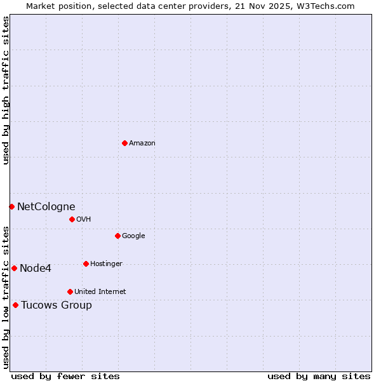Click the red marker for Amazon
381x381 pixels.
(x=124, y=143)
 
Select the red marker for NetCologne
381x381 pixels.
(x=11, y=206)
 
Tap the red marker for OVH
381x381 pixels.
(x=72, y=219)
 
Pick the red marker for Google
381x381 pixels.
(x=117, y=236)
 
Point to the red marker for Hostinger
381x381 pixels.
(x=86, y=264)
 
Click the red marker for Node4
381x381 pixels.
(x=14, y=268)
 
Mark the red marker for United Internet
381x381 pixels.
(x=70, y=291)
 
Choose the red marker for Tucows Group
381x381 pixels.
(x=15, y=305)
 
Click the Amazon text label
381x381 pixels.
(x=142, y=144)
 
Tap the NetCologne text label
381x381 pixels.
(x=46, y=206)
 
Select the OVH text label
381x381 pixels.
(x=84, y=220)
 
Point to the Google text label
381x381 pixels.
(x=133, y=236)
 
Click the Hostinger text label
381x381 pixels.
(x=106, y=264)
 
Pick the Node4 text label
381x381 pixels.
(x=36, y=268)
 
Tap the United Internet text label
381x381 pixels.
(x=100, y=292)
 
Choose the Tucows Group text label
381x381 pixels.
(x=57, y=305)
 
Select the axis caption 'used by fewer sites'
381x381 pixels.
(x=65, y=376)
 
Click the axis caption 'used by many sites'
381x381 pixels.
(x=319, y=376)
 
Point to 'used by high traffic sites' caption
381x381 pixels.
(x=6, y=90)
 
